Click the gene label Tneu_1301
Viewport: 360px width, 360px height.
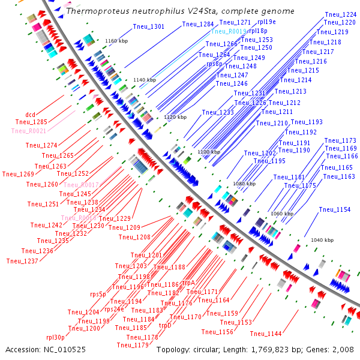tap(148, 26)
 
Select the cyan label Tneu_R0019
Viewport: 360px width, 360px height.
tap(229, 31)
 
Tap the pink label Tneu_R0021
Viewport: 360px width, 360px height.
tap(28, 131)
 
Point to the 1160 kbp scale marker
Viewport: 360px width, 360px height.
tap(117, 41)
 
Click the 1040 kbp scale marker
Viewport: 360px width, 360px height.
tap(322, 240)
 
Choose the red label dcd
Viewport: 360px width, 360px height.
tap(30, 114)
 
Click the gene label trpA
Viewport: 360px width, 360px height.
tap(189, 282)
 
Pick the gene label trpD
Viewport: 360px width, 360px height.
tap(165, 325)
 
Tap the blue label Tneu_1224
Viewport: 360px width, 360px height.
tap(341, 14)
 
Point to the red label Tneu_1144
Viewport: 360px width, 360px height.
tap(266, 334)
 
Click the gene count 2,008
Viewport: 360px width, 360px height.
tap(346, 349)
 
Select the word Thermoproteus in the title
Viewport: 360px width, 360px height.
tap(92, 11)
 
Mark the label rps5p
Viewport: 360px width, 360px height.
tap(98, 295)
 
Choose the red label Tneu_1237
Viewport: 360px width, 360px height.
tap(22, 261)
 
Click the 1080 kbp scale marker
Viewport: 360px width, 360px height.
tap(244, 184)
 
